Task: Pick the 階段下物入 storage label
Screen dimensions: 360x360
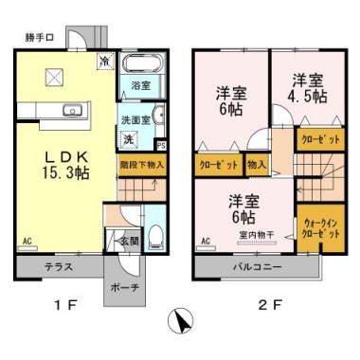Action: coord(142,163)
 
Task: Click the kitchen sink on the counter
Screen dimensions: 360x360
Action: coord(71,111)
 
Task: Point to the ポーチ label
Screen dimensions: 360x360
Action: coord(124,287)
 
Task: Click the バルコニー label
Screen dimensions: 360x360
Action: coord(259,268)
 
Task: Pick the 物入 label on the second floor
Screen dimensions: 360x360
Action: coord(256,164)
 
